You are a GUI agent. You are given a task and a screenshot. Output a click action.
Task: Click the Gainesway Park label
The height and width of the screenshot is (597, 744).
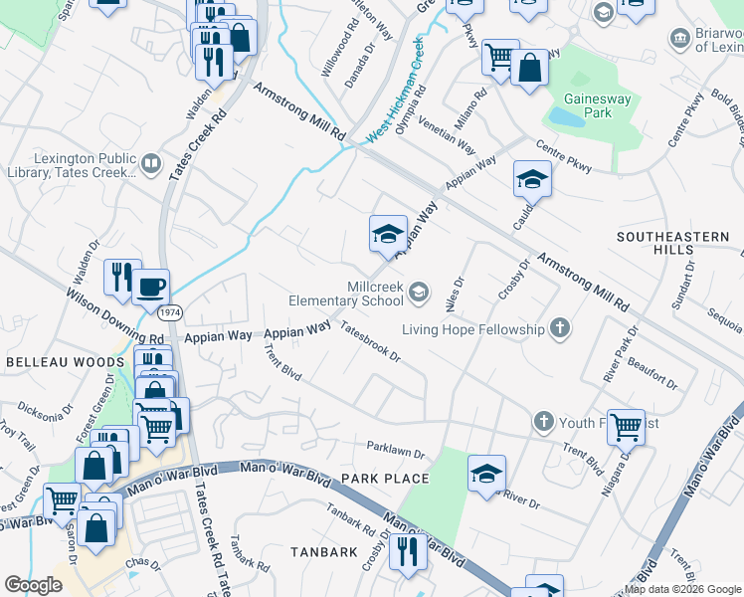[x=600, y=106]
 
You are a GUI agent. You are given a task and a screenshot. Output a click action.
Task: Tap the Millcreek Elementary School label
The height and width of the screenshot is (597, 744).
[x=346, y=293]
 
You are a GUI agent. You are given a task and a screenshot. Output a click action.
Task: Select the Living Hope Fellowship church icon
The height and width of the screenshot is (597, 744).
[x=560, y=328]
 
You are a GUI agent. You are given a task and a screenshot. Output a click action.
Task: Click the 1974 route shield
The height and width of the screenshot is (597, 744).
[x=170, y=312]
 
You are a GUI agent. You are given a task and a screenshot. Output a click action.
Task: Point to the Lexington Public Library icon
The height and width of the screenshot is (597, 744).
[x=150, y=163]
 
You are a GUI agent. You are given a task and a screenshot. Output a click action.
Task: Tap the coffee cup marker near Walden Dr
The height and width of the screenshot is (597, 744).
[x=150, y=287]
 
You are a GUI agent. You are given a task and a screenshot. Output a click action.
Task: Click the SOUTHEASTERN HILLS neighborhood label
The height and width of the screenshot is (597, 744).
[x=672, y=244]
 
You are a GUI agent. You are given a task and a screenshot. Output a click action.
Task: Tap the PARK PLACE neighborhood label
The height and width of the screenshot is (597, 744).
[x=385, y=479]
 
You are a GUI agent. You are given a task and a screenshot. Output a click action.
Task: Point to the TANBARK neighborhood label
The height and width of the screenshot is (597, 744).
[x=323, y=550]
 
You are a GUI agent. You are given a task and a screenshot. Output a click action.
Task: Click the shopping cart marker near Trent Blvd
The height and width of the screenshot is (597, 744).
[x=626, y=427]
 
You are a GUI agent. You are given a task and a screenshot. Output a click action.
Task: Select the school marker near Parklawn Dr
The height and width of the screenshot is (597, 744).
[x=486, y=474]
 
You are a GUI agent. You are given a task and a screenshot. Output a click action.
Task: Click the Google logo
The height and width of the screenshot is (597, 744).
[x=34, y=584]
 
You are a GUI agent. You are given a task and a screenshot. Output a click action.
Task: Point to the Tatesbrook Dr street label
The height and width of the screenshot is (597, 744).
[x=369, y=341]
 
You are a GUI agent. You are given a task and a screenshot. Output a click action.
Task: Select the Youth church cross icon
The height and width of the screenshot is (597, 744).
[x=544, y=423]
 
